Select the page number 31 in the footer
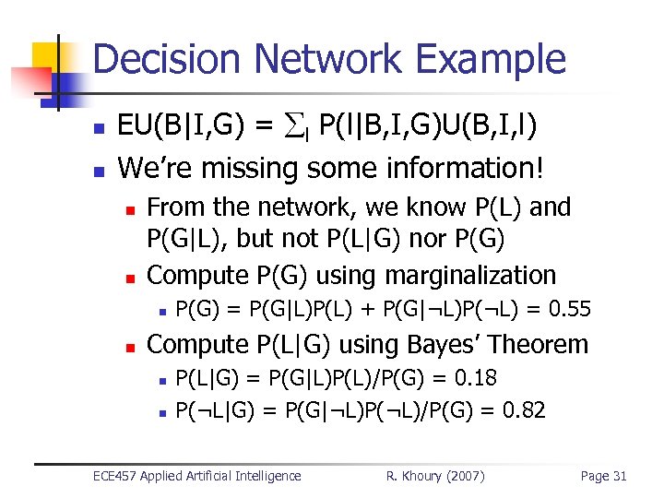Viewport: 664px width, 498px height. pyautogui.click(x=619, y=476)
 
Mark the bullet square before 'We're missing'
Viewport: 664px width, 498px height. pyautogui.click(x=99, y=172)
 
